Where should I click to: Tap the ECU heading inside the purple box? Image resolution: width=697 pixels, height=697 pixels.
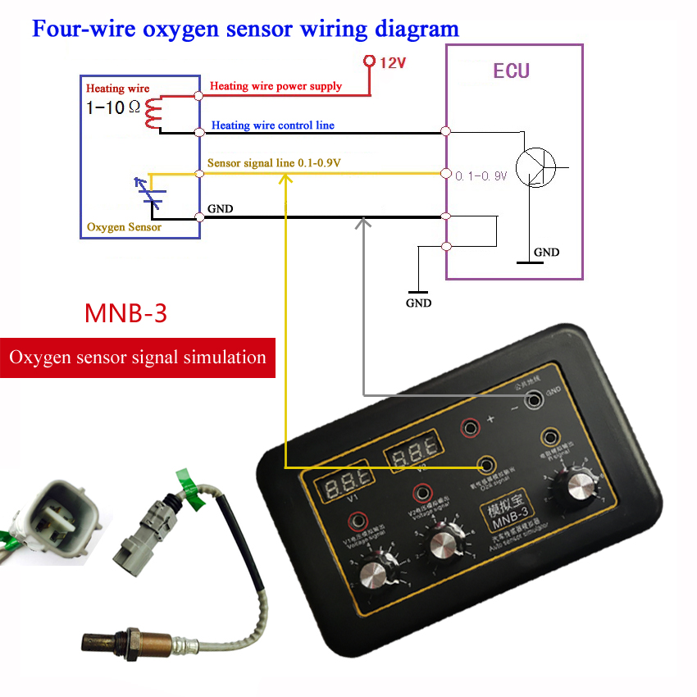(511, 71)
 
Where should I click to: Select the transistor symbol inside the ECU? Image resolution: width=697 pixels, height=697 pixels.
(538, 168)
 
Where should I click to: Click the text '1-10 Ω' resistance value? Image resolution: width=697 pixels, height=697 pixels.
(113, 107)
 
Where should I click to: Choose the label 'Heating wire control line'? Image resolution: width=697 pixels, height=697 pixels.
(273, 125)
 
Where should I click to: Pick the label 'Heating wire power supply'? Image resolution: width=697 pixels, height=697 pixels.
(276, 85)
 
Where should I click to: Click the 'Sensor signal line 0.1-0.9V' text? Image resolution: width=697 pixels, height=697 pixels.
(274, 163)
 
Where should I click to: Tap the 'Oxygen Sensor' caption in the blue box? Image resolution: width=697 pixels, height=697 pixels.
(124, 226)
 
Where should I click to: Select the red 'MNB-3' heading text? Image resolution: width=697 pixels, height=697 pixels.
(125, 313)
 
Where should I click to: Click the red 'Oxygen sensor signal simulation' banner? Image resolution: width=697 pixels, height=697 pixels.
(137, 358)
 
